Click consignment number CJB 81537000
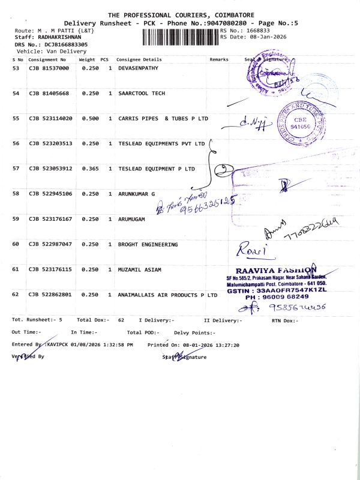click(x=49, y=69)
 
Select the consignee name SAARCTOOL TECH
click(x=142, y=94)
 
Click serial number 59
click(x=16, y=219)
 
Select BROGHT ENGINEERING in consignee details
click(x=148, y=244)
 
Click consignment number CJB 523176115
click(x=50, y=269)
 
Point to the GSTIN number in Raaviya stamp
click(x=276, y=290)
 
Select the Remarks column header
click(x=219, y=60)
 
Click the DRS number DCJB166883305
click(x=62, y=44)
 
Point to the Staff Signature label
click(x=184, y=357)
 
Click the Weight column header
click(x=87, y=60)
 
